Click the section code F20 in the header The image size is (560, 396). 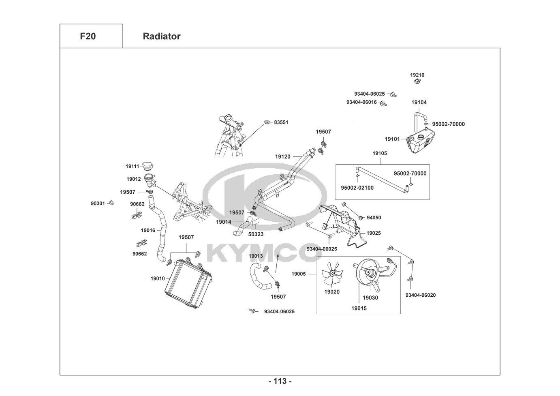click(x=88, y=36)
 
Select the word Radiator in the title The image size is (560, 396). click(x=161, y=36)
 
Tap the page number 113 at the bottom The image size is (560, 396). click(x=280, y=381)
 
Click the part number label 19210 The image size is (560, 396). click(x=417, y=75)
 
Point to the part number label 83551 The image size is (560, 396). click(x=281, y=122)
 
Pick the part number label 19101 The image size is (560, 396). click(x=392, y=139)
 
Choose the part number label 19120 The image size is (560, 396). click(x=282, y=156)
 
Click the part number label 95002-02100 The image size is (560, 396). click(x=357, y=188)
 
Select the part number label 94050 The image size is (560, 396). click(x=374, y=218)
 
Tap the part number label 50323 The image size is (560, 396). click(x=256, y=234)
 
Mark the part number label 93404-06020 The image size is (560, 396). click(x=420, y=295)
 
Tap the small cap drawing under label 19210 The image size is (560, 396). click(x=417, y=82)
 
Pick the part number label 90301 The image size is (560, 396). click(x=98, y=203)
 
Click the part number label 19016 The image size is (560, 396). click(x=148, y=230)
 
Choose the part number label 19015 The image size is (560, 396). click(x=359, y=308)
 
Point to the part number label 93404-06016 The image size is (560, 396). click(x=361, y=102)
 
